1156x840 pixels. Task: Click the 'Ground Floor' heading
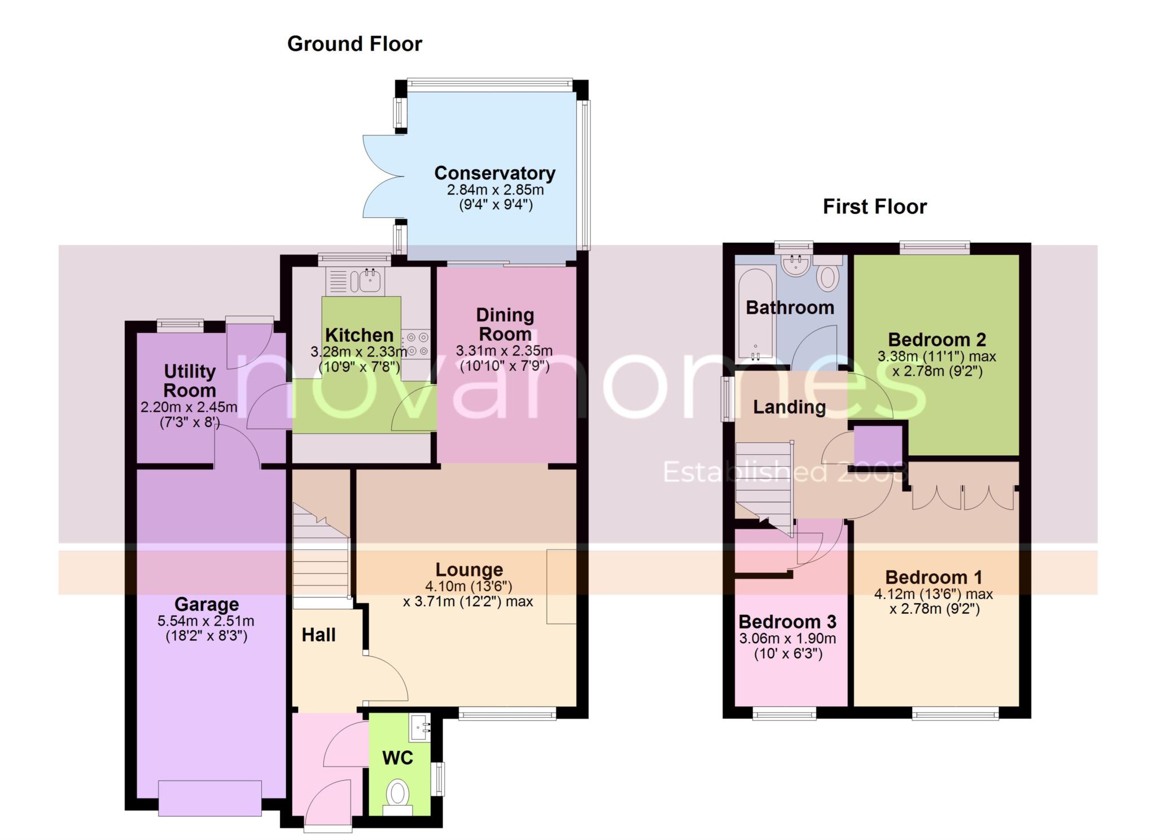click(x=354, y=44)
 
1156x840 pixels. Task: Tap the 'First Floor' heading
click(x=874, y=206)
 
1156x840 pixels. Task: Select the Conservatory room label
click(x=494, y=173)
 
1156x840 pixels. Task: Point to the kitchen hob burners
click(x=415, y=344)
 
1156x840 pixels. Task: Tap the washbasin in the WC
click(x=421, y=728)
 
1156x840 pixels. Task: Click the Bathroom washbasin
click(x=796, y=265)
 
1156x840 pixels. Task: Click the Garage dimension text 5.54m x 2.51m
click(x=206, y=621)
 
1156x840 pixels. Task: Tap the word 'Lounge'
click(x=469, y=570)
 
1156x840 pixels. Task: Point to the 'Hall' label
click(x=318, y=635)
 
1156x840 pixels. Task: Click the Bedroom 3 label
click(x=787, y=622)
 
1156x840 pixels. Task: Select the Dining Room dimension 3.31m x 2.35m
click(x=504, y=351)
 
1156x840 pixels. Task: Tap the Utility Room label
click(x=190, y=381)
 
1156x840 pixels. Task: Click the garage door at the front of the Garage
click(x=210, y=798)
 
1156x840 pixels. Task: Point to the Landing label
click(x=789, y=407)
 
